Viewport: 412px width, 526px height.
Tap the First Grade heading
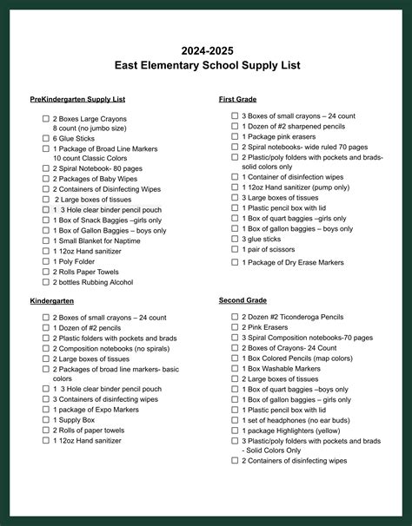click(x=237, y=100)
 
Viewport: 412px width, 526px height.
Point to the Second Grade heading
click(x=243, y=299)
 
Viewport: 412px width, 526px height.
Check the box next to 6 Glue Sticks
click(x=46, y=137)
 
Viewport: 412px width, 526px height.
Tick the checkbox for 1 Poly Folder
click(x=46, y=260)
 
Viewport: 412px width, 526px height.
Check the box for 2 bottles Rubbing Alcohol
click(x=46, y=281)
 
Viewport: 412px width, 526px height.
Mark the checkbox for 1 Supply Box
click(x=46, y=420)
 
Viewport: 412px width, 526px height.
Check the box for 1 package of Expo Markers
click(x=46, y=410)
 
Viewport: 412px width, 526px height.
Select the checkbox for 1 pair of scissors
click(x=235, y=249)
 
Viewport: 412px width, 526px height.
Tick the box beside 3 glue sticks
click(x=235, y=239)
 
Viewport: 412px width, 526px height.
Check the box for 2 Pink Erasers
click(x=235, y=327)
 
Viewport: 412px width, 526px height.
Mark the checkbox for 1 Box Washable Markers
click(x=235, y=368)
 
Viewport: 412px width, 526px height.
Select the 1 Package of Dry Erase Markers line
click(x=293, y=262)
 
